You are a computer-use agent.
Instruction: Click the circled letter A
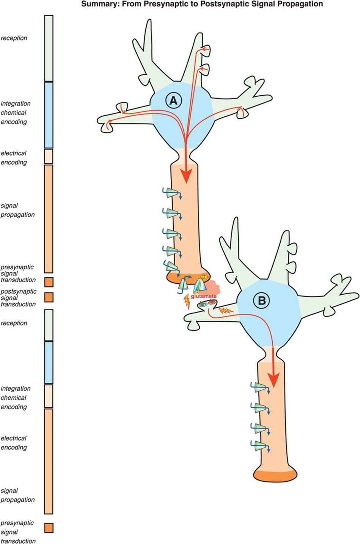(x=173, y=101)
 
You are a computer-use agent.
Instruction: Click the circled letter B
(x=262, y=301)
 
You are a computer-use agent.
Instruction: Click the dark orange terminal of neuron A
(x=186, y=277)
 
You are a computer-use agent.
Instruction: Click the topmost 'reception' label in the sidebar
(x=14, y=38)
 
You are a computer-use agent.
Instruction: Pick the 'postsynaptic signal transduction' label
(x=18, y=298)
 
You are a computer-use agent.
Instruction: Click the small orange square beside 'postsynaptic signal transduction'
(x=49, y=297)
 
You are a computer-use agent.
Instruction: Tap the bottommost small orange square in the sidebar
(x=49, y=528)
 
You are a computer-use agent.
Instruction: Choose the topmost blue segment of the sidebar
(x=49, y=115)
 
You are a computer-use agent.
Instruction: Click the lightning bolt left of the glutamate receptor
(x=187, y=302)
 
